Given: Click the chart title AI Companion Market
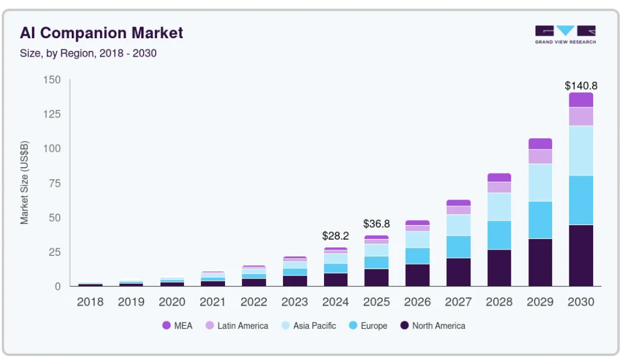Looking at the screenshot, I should [101, 32].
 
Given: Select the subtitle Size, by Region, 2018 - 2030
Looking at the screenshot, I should [88, 53].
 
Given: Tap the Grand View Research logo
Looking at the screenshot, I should [565, 35].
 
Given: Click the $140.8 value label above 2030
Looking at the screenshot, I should [581, 86].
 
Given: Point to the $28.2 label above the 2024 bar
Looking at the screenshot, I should [336, 236].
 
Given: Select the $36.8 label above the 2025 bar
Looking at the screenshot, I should [377, 223].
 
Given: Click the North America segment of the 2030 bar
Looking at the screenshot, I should [581, 255].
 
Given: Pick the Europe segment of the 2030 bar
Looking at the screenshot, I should [581, 200].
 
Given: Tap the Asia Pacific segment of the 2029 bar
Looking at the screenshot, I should [540, 182].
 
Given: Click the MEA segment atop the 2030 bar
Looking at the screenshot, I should [581, 100].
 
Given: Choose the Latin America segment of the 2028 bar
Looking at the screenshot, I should [499, 187].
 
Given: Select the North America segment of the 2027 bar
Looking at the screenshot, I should [458, 271].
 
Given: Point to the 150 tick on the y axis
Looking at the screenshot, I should [52, 80].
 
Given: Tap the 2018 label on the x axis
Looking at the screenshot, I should [90, 302].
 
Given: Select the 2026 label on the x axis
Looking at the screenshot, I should [417, 302].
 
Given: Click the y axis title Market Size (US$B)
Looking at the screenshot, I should [24, 183].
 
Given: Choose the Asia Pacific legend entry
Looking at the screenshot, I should [308, 326].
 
